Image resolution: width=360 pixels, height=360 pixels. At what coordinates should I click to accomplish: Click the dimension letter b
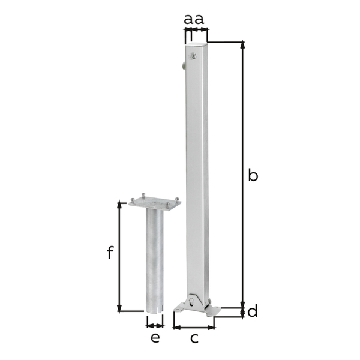coord(253,175)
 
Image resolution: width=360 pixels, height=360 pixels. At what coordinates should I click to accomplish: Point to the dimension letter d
coord(253,311)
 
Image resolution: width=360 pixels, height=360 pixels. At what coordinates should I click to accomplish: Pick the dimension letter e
coord(155,338)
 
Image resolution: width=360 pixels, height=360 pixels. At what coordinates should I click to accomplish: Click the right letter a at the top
coord(199,20)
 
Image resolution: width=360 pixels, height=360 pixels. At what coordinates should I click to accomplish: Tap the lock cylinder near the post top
coord(193,57)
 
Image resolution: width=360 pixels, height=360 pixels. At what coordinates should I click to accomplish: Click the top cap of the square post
coord(197,43)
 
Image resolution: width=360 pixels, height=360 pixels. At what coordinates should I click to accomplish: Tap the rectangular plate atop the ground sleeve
coord(155,203)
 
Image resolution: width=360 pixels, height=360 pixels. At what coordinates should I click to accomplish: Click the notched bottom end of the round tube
coord(155,310)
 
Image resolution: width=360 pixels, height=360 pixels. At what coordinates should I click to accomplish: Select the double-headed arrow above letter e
coord(155,326)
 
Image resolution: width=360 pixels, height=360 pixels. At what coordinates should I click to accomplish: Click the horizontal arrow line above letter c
coord(194,327)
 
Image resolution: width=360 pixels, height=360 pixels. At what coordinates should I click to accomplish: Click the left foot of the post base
coord(179,310)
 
